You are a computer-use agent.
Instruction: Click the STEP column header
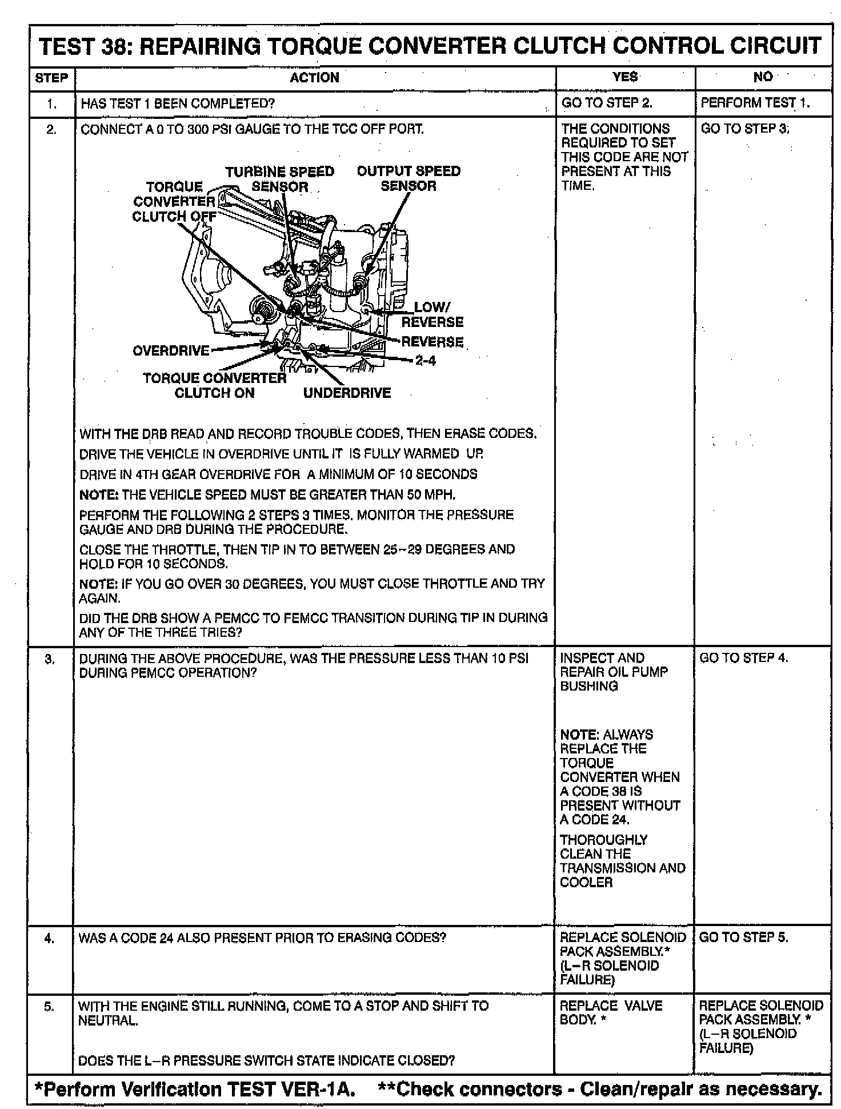(51, 78)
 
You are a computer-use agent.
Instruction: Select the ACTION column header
(314, 78)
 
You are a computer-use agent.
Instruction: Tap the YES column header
(624, 77)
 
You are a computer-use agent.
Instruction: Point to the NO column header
(763, 77)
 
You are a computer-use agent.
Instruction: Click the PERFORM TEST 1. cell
(755, 103)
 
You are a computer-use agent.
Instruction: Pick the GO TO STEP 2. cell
(607, 103)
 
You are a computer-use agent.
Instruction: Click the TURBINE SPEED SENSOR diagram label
(279, 178)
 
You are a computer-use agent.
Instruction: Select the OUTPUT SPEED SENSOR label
(409, 178)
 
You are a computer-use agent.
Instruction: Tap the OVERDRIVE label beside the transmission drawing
(171, 350)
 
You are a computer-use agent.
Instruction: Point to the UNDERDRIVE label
(347, 393)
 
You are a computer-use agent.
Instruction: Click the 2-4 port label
(425, 361)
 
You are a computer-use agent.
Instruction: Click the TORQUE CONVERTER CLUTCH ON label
(215, 385)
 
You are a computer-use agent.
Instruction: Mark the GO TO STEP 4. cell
(743, 657)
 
